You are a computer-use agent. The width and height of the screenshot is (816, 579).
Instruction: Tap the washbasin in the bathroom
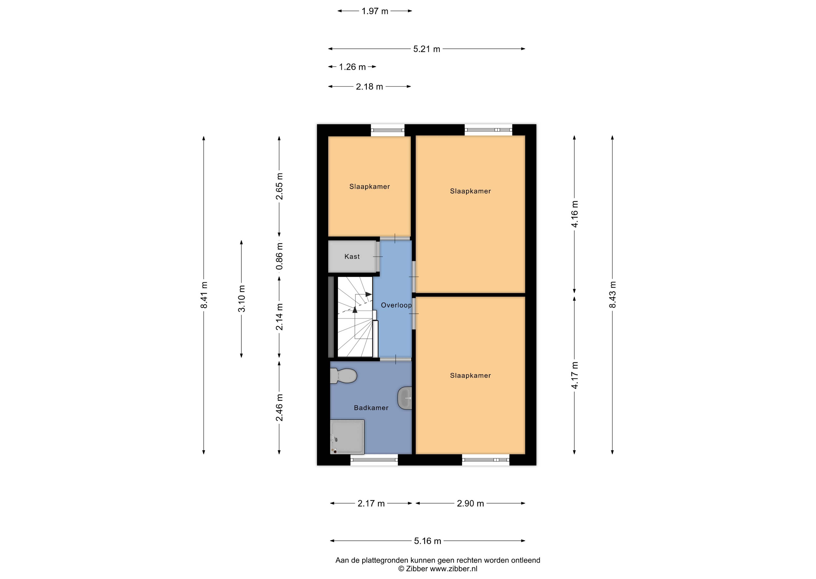pos(405,398)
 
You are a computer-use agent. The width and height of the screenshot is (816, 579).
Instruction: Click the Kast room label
pos(352,257)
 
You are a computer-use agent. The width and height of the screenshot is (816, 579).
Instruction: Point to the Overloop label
pos(396,305)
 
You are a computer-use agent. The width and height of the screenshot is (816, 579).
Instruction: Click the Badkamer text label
pos(371,408)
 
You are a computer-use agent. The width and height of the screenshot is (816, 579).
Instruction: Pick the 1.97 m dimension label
pos(375,11)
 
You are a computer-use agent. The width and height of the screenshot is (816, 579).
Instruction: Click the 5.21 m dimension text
pos(427,49)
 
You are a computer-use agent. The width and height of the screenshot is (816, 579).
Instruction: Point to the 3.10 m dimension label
pos(242,299)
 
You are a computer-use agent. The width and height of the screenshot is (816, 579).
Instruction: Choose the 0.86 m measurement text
pos(280,256)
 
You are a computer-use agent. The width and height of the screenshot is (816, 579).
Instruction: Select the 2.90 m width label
pos(470,503)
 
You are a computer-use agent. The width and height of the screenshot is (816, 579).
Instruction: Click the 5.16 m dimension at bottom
pos(428,541)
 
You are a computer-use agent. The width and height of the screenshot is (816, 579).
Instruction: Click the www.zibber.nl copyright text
pos(438,569)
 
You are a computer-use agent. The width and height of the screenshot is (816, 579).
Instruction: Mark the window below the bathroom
pos(374,460)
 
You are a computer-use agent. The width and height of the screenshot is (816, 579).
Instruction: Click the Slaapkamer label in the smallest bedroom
pos(370,187)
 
